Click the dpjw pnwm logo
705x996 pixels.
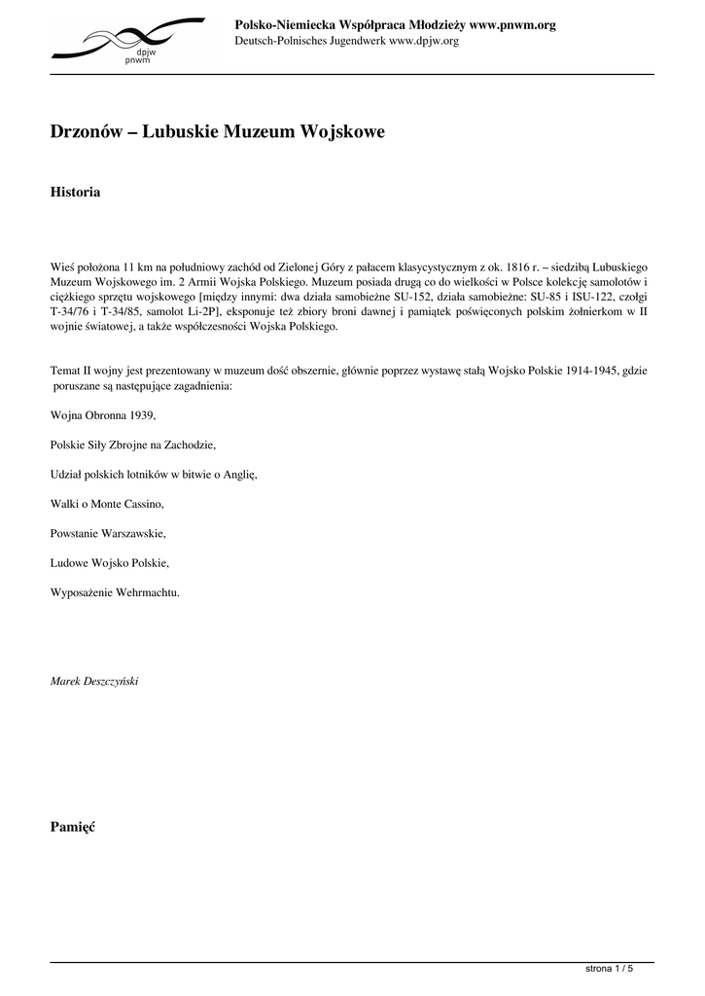pos(127,41)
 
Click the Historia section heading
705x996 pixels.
pos(75,193)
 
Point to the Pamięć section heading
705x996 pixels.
pos(72,827)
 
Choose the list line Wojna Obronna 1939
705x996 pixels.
pos(102,415)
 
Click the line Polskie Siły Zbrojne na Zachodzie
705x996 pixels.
pos(132,445)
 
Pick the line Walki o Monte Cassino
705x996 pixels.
pos(107,504)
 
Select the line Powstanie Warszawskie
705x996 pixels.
pos(108,533)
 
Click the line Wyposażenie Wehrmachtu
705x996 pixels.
pos(115,591)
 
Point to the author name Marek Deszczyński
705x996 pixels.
pos(94,681)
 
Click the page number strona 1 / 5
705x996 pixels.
pos(609,969)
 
